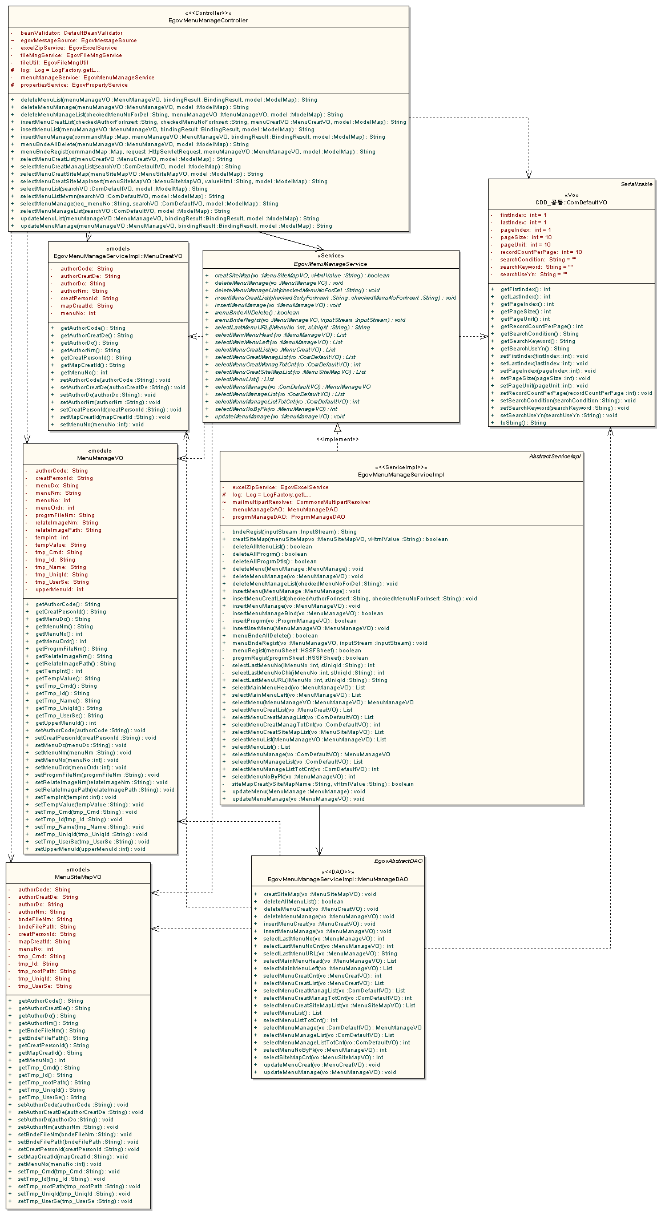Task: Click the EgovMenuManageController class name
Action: point(208,21)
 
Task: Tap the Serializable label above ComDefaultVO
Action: point(636,184)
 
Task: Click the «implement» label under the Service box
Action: point(338,439)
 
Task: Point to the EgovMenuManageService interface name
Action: point(330,264)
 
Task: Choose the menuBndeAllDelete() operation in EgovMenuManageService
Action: point(257,313)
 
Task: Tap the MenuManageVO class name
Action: point(100,458)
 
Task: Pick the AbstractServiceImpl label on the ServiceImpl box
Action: point(555,457)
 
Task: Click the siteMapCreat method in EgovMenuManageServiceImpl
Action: point(323,784)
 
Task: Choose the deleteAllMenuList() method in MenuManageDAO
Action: point(304,902)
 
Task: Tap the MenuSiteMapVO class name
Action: point(78,877)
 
